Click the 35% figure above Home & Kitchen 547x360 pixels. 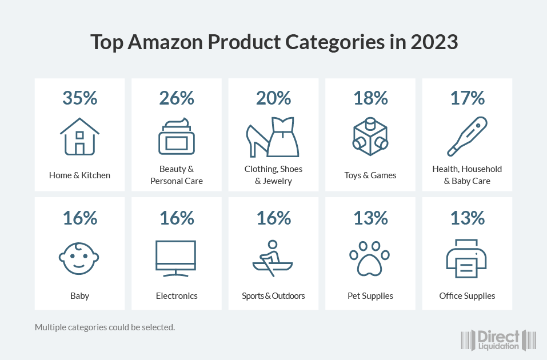click(79, 98)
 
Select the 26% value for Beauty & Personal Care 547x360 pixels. click(177, 98)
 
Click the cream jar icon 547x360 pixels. click(177, 137)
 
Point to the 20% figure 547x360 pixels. click(274, 98)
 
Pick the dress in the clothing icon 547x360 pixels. click(284, 137)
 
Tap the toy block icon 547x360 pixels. click(370, 137)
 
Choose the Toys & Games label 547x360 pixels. click(370, 175)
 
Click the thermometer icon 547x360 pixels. click(466, 137)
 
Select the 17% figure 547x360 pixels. click(467, 98)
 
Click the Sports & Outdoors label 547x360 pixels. click(273, 296)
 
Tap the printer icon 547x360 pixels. click(466, 258)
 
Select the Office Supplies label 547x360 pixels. click(467, 296)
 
